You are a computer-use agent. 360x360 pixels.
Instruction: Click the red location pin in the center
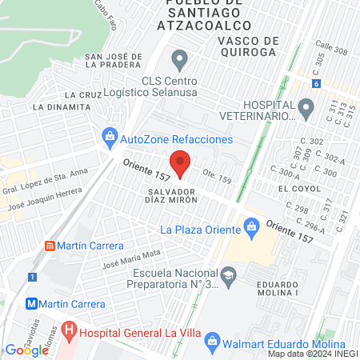click(x=180, y=166)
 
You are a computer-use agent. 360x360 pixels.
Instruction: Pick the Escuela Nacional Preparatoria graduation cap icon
click(x=229, y=275)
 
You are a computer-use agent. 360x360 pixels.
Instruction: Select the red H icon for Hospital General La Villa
click(x=70, y=329)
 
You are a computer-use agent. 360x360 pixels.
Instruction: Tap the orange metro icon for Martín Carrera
click(x=50, y=246)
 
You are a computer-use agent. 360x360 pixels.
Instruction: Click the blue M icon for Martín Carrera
click(x=32, y=304)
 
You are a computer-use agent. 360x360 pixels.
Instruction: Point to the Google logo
click(x=26, y=350)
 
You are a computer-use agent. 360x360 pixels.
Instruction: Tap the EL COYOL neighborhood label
click(x=293, y=187)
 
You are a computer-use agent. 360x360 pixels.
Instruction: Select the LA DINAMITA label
click(x=61, y=106)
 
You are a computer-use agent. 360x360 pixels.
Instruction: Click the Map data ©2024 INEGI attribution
click(x=312, y=354)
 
